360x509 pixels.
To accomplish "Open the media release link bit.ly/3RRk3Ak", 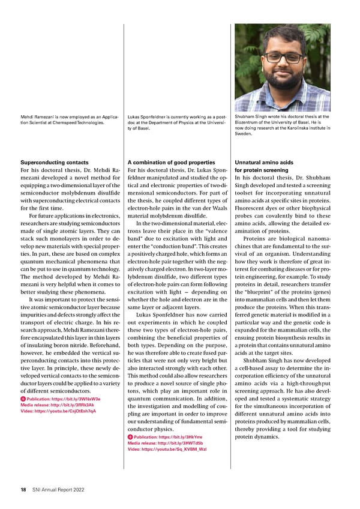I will click(x=57, y=405).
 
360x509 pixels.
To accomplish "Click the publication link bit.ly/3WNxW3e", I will click(x=63, y=399).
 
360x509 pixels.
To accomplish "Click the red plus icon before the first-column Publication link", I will click(x=23, y=399).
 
